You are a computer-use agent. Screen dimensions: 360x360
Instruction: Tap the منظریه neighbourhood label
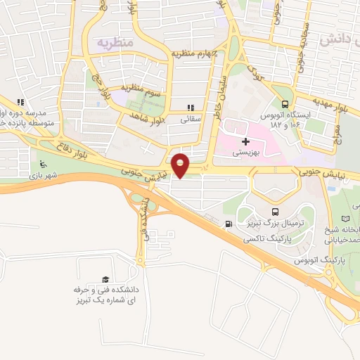115,41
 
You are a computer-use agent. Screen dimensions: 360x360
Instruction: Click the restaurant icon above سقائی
189,108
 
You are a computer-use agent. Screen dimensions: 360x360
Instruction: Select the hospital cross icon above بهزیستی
245,141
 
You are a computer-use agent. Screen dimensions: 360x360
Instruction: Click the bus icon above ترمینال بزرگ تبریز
275,212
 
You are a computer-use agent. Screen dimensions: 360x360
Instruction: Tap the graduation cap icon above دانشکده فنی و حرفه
105,279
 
